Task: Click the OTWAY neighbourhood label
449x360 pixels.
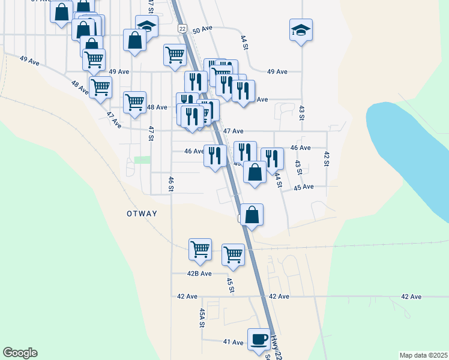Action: (142, 214)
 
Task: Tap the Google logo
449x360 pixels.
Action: (20, 353)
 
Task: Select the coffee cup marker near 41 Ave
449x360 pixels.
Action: (259, 339)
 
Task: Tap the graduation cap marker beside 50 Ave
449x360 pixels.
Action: (301, 30)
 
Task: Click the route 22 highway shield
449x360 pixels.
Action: (182, 29)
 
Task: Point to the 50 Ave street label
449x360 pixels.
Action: (203, 28)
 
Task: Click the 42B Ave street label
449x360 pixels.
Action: (200, 274)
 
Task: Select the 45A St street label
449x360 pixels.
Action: (202, 317)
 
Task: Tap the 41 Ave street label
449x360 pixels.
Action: (233, 342)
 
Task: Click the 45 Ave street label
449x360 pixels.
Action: (304, 187)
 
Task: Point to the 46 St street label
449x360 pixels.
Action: (171, 184)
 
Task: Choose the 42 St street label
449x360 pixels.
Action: (327, 159)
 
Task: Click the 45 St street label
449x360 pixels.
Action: (231, 285)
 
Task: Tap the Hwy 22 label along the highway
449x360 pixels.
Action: (276, 347)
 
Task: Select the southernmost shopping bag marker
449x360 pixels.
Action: (252, 215)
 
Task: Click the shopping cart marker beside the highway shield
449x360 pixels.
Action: (175, 55)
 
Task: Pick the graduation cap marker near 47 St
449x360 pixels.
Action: (146, 25)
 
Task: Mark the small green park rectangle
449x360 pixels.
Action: (142, 160)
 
